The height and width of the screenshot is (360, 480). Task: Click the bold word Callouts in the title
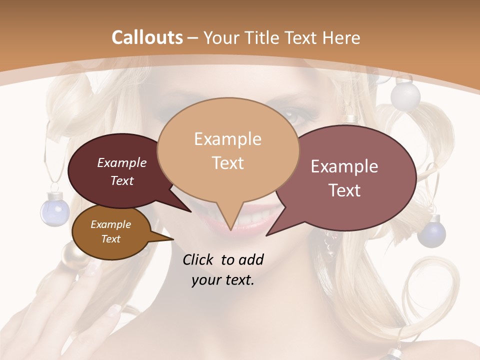tap(147, 37)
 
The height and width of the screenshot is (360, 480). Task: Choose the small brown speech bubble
tap(110, 232)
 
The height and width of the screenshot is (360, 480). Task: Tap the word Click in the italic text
tap(199, 259)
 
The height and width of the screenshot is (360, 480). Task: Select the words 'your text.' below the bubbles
tap(223, 280)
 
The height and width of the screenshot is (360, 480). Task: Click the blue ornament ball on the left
tap(54, 209)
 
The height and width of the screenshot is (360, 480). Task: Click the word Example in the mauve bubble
tap(344, 166)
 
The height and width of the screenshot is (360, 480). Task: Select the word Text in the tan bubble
tap(228, 162)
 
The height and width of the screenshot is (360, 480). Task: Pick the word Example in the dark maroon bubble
tap(122, 162)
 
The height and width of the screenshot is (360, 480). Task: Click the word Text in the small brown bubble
tap(110, 239)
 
